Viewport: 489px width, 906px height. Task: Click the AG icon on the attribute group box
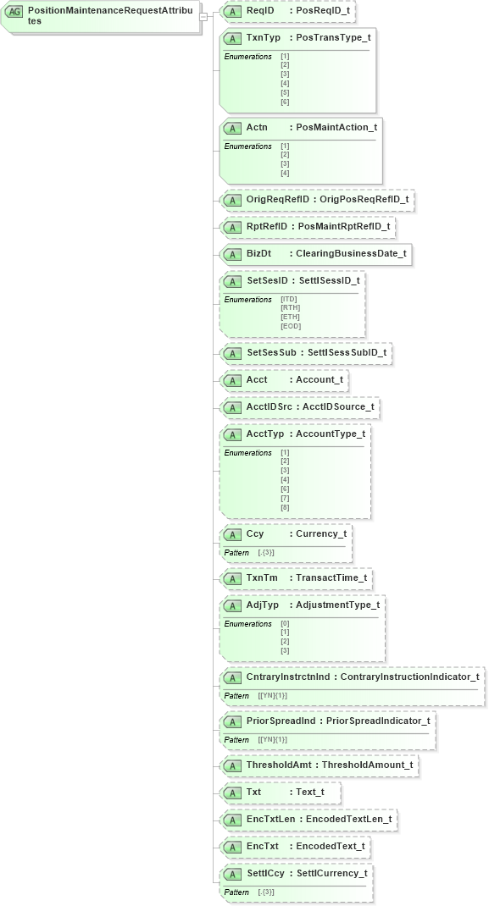pyautogui.click(x=14, y=12)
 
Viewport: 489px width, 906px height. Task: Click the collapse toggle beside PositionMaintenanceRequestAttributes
pyautogui.click(x=203, y=16)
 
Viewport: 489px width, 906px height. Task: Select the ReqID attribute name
pyautogui.click(x=259, y=12)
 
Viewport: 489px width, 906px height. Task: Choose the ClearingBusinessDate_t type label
pyautogui.click(x=351, y=254)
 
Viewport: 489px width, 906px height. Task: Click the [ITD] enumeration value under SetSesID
pyautogui.click(x=290, y=299)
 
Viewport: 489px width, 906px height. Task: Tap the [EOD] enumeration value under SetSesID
pyautogui.click(x=291, y=327)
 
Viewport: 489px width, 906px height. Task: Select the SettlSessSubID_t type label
pyautogui.click(x=347, y=353)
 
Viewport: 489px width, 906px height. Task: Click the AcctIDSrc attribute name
pyautogui.click(x=269, y=407)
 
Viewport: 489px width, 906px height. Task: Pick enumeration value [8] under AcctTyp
pyautogui.click(x=285, y=507)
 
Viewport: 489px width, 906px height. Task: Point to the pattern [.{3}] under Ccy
pyautogui.click(x=266, y=552)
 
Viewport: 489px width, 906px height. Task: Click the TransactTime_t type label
pyautogui.click(x=331, y=578)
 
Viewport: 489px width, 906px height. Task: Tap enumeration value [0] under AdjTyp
pyautogui.click(x=285, y=623)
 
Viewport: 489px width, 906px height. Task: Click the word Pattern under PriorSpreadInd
pyautogui.click(x=236, y=739)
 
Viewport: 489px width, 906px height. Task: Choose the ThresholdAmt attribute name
pyautogui.click(x=277, y=765)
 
